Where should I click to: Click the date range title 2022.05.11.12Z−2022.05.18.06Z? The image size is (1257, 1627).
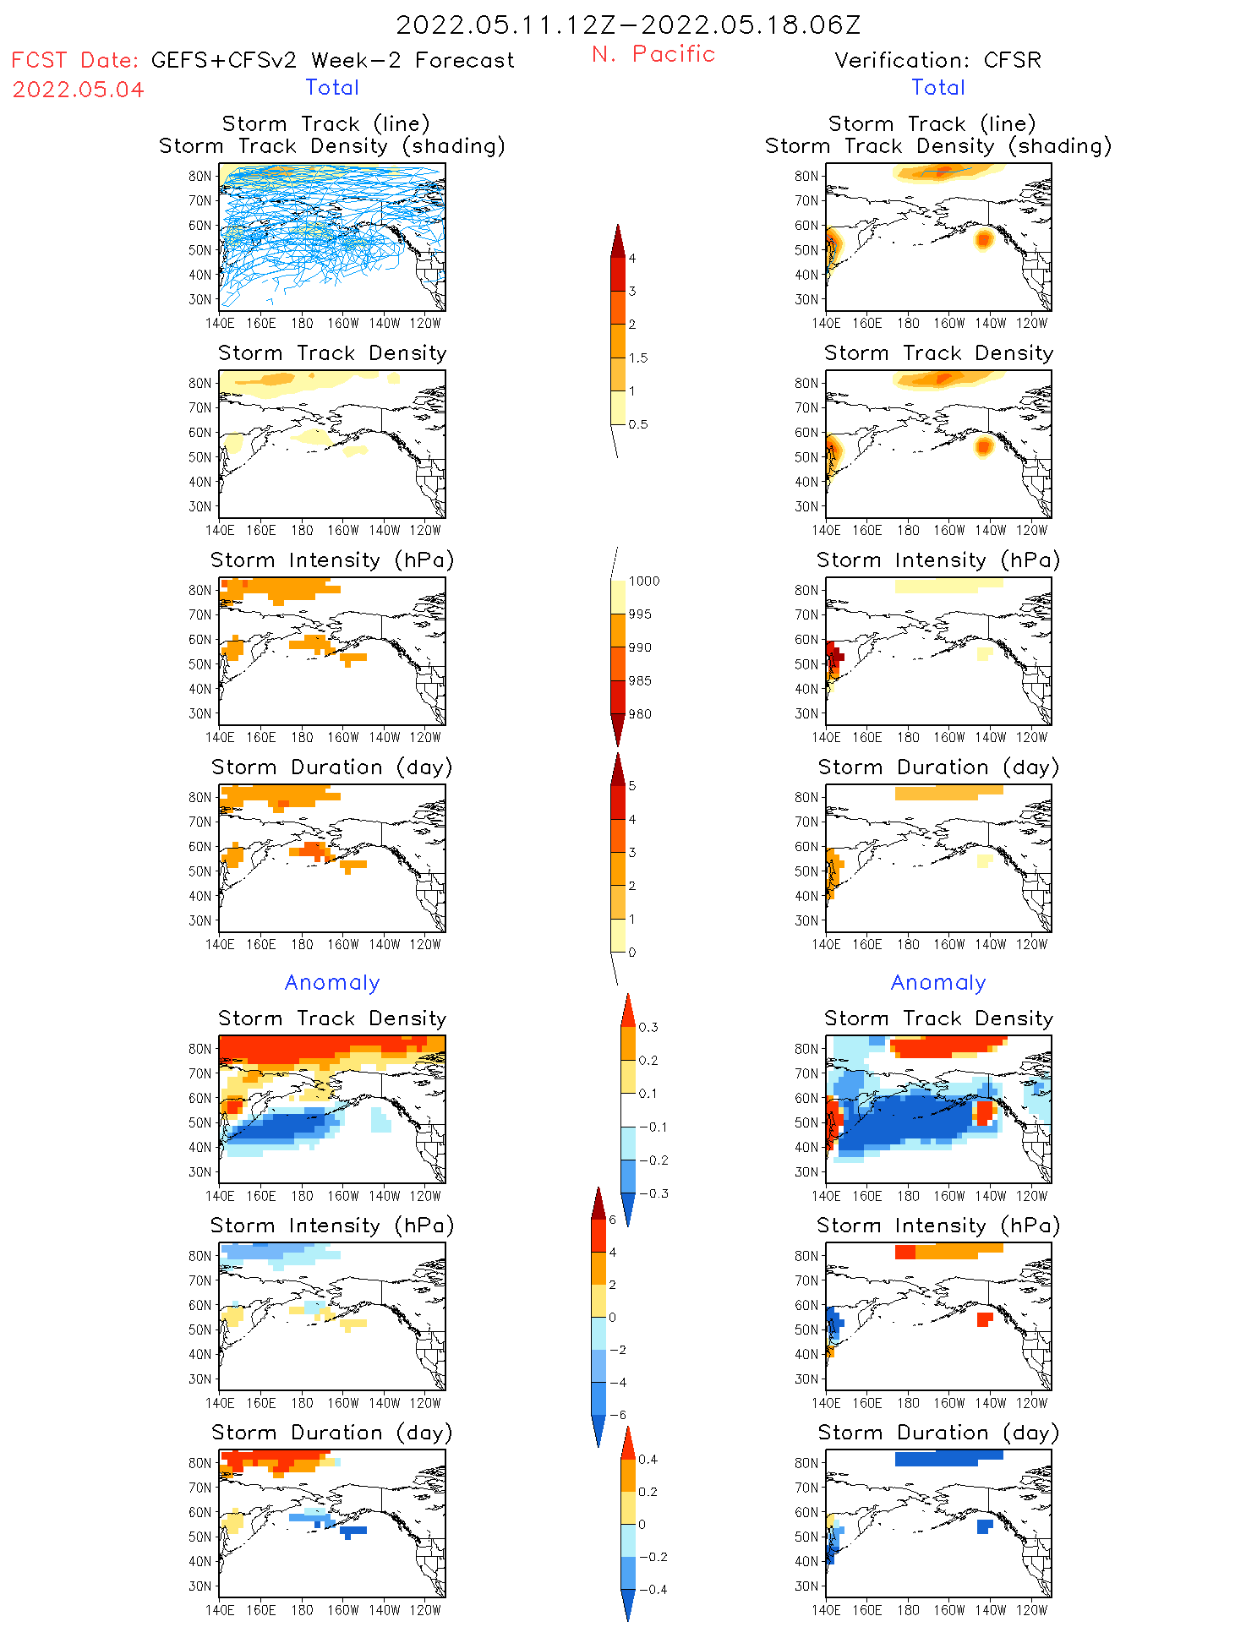pos(628,25)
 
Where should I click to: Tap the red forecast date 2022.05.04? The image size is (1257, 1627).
pos(78,90)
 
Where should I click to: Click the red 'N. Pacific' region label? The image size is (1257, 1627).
pos(653,54)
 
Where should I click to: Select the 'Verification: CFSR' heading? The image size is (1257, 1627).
pos(937,61)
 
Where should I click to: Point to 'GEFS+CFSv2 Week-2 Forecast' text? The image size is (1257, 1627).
pos(332,61)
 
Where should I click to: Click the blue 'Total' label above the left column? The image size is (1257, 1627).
pos(332,88)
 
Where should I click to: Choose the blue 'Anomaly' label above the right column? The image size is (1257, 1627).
pos(938,983)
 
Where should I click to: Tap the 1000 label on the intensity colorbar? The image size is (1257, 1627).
pos(643,581)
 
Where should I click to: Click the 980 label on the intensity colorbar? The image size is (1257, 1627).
pos(640,714)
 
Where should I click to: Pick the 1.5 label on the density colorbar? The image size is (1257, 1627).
pos(638,358)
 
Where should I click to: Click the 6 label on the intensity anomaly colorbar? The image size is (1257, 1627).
pos(613,1220)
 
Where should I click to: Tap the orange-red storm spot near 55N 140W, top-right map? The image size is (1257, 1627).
pos(983,239)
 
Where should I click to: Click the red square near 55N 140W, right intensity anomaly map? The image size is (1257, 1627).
pos(984,1319)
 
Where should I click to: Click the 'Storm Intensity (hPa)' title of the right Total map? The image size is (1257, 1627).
pos(937,560)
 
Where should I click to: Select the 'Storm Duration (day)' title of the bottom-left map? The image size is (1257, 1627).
pos(332,1433)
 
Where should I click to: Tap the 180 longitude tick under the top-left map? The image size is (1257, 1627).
pos(302,324)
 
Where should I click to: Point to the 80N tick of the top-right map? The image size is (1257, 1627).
pos(806,177)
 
